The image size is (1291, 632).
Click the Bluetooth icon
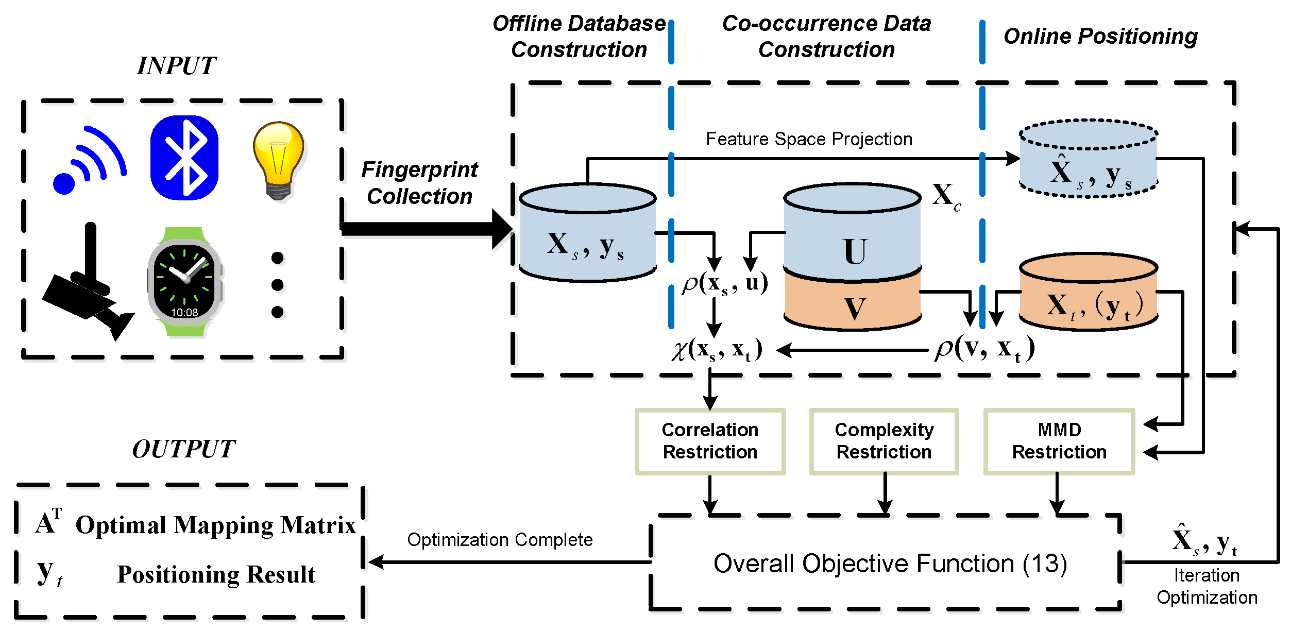(184, 157)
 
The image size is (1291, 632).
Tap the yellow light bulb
(278, 160)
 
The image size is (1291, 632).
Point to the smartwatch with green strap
(185, 282)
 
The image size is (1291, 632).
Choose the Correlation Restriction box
(710, 441)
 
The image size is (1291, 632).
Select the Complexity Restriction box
(884, 441)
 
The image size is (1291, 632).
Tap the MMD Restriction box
(1059, 441)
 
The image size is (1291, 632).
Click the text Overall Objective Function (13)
(890, 563)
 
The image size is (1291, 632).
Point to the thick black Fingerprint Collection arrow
(427, 229)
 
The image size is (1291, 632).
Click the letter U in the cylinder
(855, 251)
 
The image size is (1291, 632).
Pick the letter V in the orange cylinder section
(855, 309)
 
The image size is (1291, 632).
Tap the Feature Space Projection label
(809, 139)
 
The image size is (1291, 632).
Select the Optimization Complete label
(500, 539)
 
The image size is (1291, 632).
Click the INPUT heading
(176, 66)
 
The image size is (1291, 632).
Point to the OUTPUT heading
(183, 449)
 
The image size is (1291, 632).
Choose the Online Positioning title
(1100, 37)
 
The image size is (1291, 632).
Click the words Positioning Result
(216, 574)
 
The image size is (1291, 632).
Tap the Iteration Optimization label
(1207, 586)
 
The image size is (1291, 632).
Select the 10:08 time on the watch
(184, 312)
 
